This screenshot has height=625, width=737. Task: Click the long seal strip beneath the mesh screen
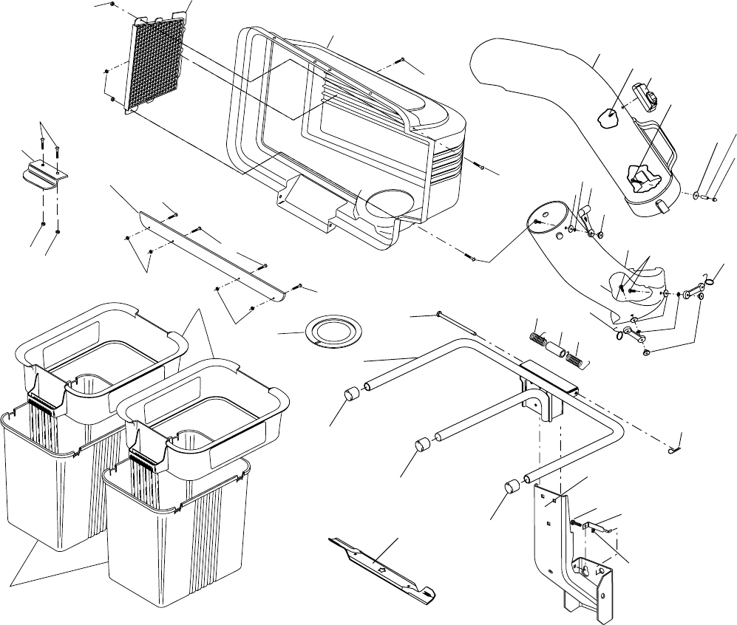point(212,255)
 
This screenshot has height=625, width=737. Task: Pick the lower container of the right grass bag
point(177,532)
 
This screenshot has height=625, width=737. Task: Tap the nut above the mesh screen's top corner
point(110,4)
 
